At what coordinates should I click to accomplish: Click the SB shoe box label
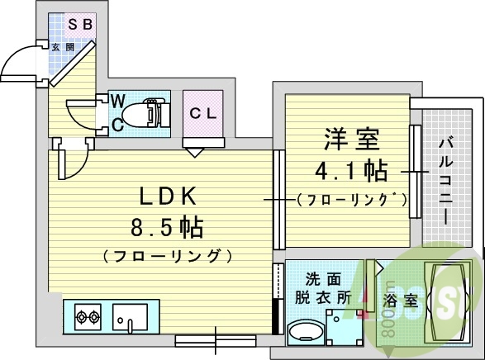click(79, 25)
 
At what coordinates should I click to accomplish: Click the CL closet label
click(203, 113)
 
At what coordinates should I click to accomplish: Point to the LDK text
click(166, 197)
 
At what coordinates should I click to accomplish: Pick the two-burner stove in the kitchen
click(88, 315)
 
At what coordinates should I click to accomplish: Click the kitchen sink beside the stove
click(130, 315)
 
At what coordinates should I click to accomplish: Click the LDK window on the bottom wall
click(216, 339)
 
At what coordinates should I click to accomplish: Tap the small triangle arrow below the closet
click(194, 152)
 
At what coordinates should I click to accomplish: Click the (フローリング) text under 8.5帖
click(166, 256)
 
